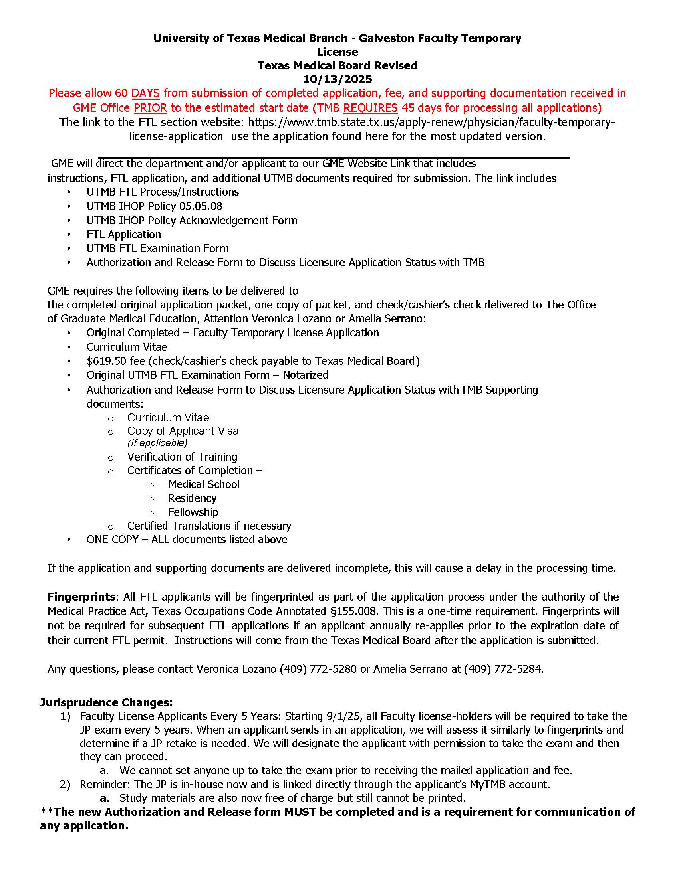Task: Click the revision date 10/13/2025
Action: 338,79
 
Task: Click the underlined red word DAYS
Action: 145,93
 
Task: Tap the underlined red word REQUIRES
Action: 371,108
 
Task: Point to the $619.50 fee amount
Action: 104,361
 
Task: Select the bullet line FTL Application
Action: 123,234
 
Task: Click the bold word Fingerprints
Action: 81,597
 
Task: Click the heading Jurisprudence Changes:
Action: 106,702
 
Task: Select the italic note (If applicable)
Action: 157,443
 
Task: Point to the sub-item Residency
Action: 192,498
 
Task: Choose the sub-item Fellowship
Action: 193,512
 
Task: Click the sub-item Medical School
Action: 204,484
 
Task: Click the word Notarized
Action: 305,375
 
